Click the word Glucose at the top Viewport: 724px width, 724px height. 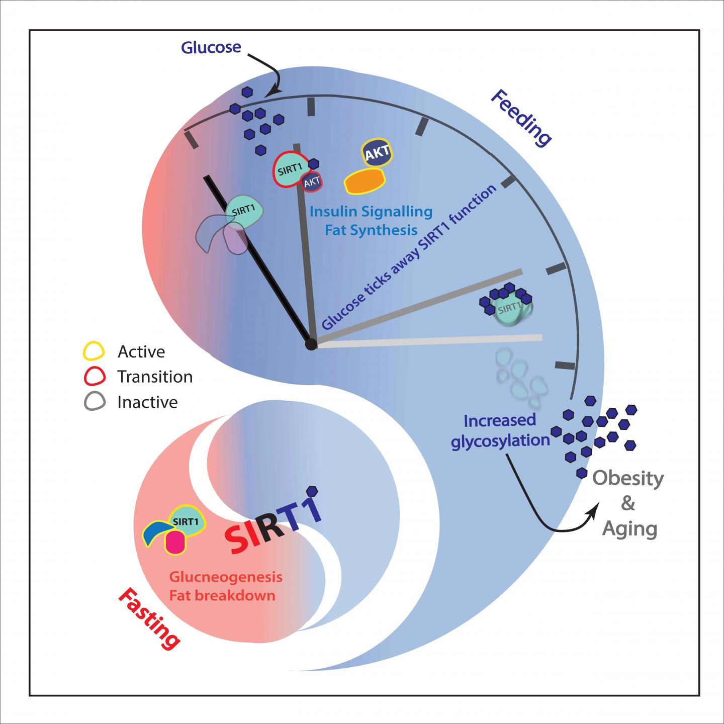point(211,48)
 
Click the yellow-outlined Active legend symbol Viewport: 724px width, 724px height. point(94,351)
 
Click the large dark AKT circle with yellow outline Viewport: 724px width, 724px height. point(377,154)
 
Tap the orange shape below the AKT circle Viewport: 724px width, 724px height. point(364,181)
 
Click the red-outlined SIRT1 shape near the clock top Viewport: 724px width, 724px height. point(289,170)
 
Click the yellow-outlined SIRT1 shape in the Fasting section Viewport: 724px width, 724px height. point(186,521)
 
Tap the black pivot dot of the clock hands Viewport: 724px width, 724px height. point(311,344)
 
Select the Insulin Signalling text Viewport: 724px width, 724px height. point(371,212)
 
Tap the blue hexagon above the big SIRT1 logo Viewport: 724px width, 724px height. point(312,490)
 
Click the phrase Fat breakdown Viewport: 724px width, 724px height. point(222,596)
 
